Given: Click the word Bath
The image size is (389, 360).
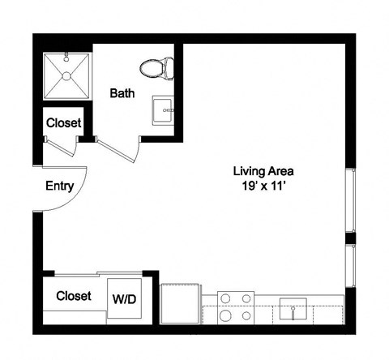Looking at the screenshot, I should [122, 93].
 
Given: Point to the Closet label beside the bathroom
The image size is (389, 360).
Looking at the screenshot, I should [63, 123].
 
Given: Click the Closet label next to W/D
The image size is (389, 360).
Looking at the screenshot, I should [73, 296].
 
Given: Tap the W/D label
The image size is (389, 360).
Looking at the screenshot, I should [123, 299].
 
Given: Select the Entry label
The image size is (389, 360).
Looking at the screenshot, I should [59, 186].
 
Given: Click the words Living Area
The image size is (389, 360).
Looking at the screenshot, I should [263, 171].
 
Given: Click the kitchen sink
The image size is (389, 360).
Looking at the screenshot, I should [293, 309].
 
